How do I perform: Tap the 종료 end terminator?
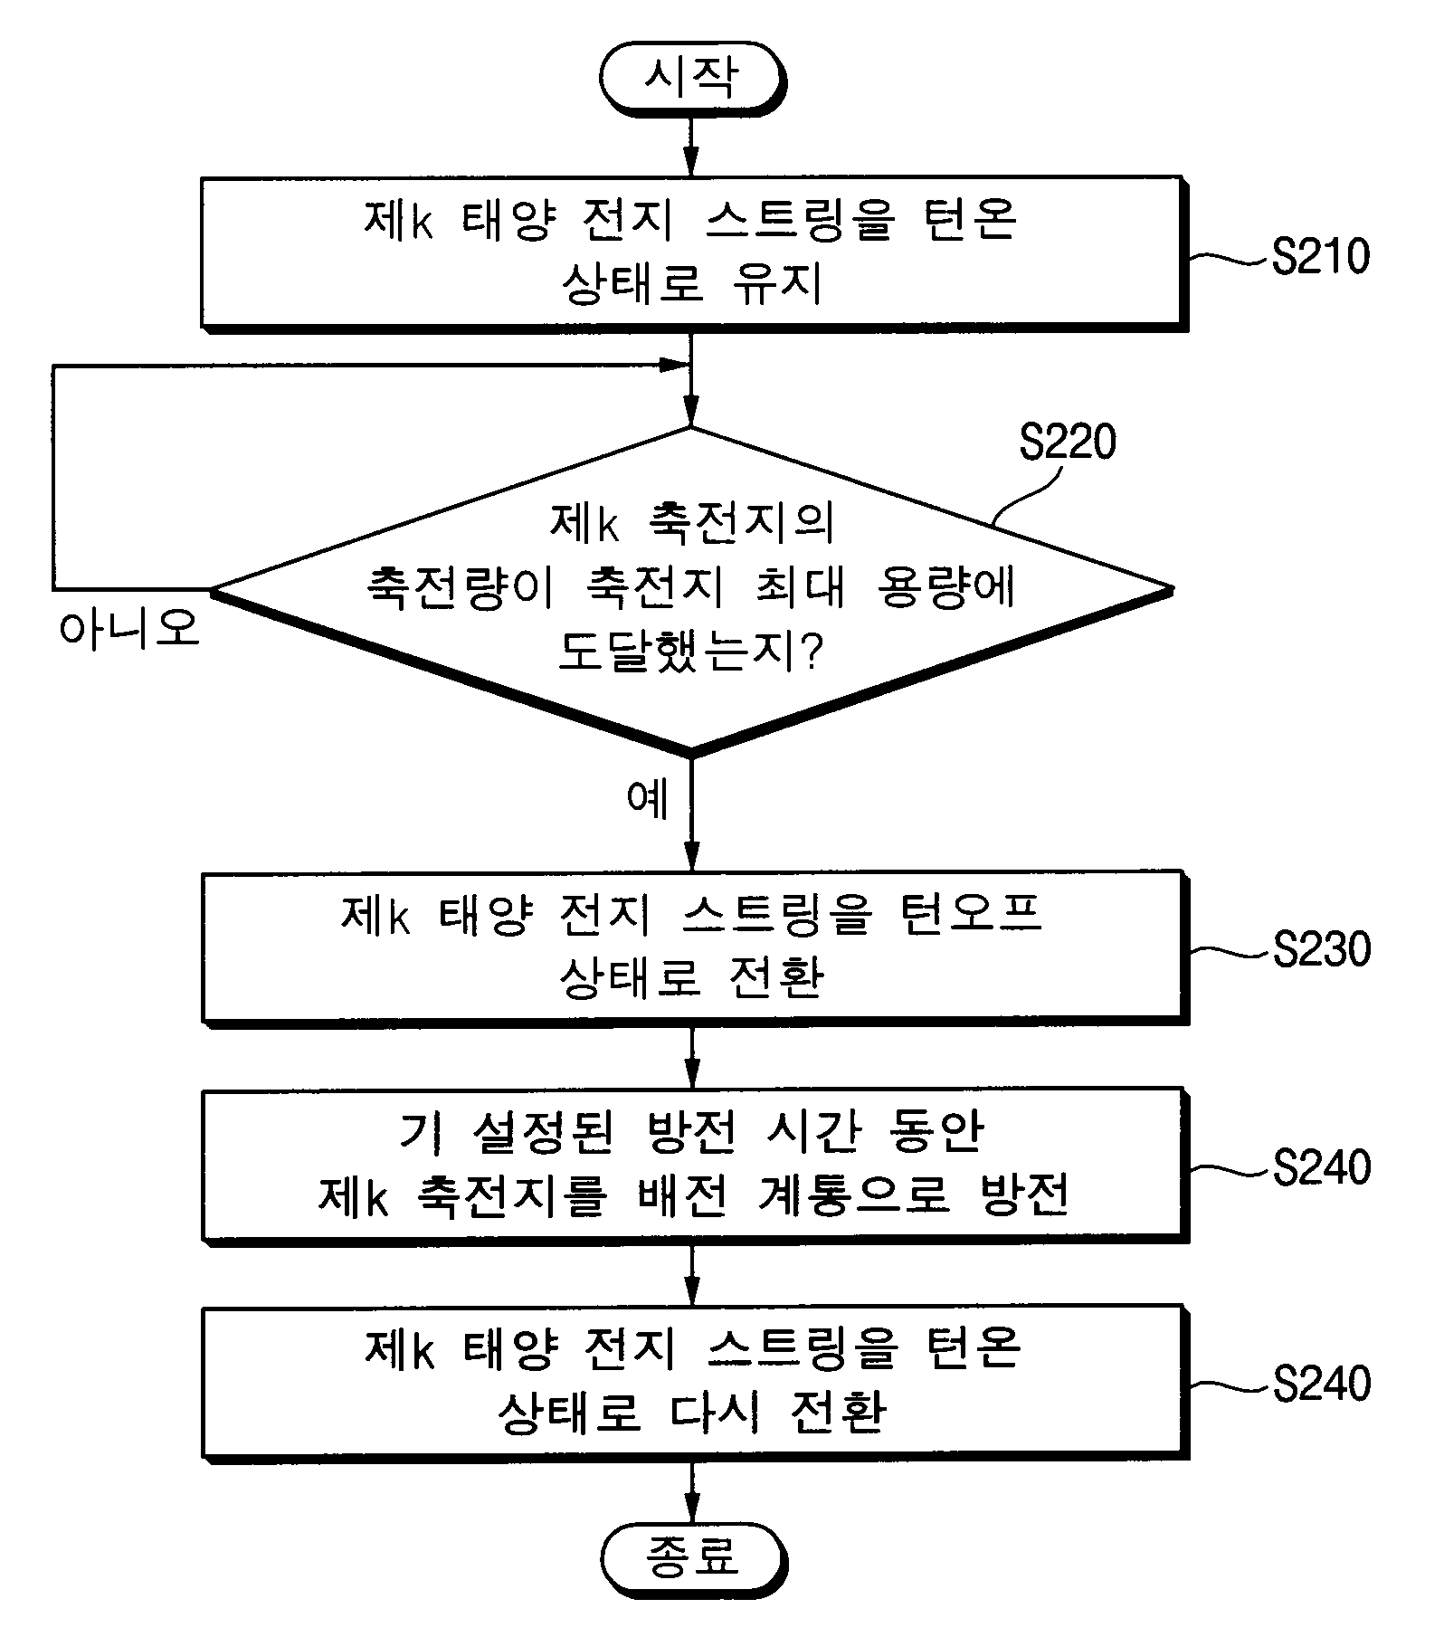(x=693, y=1556)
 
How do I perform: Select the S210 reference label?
(x=1320, y=257)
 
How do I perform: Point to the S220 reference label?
(x=1068, y=443)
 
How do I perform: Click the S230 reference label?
(x=1322, y=949)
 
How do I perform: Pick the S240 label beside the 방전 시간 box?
(x=1322, y=1167)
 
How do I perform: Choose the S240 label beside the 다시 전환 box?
(x=1322, y=1385)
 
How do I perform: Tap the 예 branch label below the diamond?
(x=647, y=797)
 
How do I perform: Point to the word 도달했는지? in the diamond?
(x=691, y=651)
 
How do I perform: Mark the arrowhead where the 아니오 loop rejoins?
(x=674, y=365)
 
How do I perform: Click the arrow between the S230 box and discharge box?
(x=692, y=1056)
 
